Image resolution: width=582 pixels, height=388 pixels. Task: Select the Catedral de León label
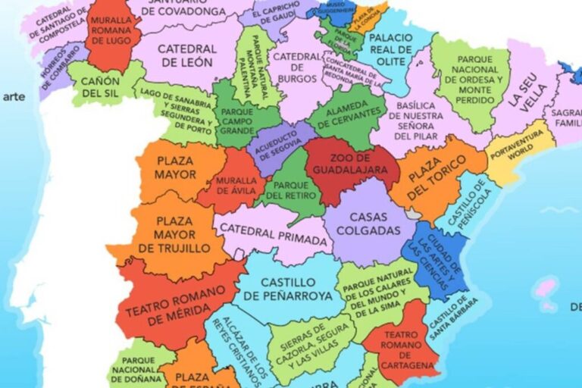187,55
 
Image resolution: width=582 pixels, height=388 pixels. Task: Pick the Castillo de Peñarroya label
288,289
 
